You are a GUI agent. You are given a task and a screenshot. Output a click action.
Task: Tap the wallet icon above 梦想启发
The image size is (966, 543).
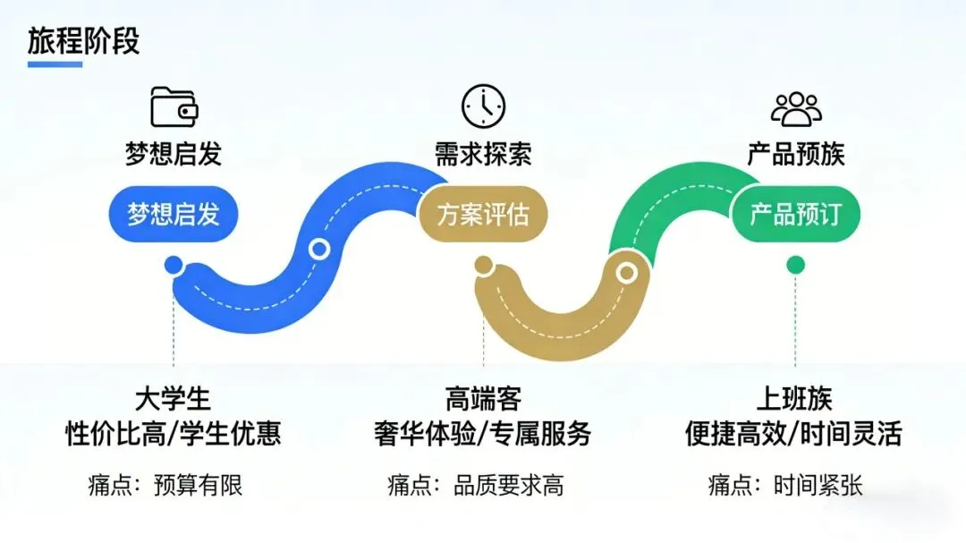click(174, 107)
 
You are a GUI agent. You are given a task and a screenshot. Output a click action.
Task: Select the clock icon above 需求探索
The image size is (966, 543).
click(483, 106)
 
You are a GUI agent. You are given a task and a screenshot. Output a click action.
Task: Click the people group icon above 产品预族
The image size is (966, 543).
click(796, 108)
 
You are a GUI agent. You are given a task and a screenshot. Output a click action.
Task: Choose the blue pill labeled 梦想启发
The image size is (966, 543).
click(174, 216)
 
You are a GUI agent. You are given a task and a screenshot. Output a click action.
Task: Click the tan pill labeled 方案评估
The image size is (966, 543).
click(483, 216)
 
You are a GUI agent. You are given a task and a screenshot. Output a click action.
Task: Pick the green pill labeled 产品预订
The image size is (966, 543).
click(795, 216)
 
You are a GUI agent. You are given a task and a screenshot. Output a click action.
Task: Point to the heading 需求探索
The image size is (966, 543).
click(483, 154)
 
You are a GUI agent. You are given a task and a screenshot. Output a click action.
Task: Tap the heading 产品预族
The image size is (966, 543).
click(795, 154)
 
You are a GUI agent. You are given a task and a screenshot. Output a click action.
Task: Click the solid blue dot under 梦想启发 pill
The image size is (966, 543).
click(174, 265)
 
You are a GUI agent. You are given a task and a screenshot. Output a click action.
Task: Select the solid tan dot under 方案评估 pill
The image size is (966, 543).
click(483, 265)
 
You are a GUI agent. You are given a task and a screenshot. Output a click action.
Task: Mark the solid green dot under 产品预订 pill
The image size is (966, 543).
click(795, 265)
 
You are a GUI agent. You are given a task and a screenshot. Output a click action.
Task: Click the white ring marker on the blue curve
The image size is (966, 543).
click(318, 250)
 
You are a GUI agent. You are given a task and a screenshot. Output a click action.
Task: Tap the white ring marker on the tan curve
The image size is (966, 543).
click(627, 271)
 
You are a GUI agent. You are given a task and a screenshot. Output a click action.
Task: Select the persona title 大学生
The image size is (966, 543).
click(174, 398)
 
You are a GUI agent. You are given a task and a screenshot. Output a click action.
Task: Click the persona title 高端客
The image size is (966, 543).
click(483, 398)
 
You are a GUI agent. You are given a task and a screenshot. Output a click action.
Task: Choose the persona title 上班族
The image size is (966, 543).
click(795, 398)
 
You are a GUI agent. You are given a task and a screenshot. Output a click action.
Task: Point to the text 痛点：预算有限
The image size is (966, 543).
click(165, 486)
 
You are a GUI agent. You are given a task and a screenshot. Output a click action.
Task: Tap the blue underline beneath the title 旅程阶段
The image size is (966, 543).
click(55, 64)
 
